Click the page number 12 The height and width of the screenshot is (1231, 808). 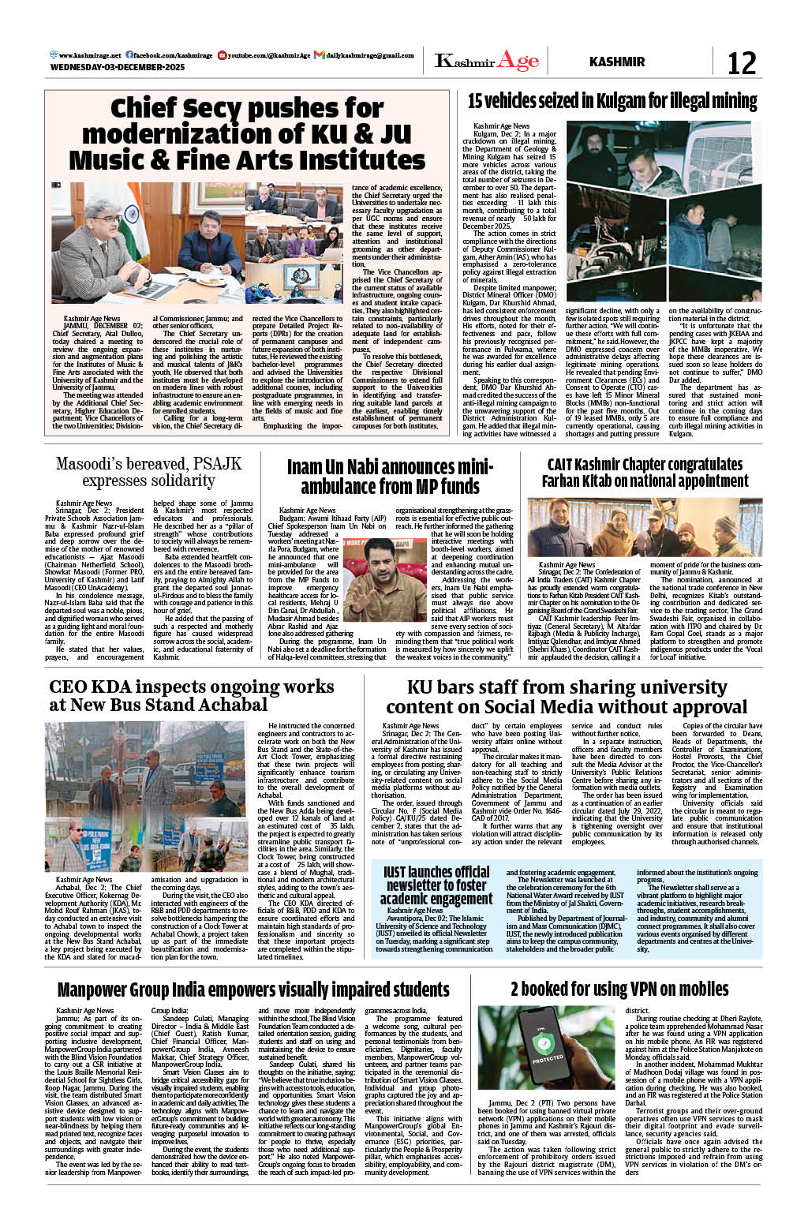[741, 62]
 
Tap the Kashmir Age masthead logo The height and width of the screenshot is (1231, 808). [486, 62]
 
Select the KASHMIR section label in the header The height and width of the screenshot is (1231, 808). [616, 62]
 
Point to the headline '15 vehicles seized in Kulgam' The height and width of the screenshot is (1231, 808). [612, 101]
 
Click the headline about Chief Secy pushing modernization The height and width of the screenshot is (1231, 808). [246, 133]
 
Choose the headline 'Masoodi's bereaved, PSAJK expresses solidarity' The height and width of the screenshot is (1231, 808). [148, 472]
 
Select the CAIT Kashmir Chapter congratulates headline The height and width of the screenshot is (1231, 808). [645, 472]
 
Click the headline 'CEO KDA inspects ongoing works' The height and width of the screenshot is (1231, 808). [192, 695]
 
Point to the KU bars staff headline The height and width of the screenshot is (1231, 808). [566, 696]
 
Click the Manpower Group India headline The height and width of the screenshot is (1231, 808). [253, 990]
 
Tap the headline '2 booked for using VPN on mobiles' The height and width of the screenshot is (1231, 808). [619, 989]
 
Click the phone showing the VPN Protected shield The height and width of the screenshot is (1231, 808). [546, 1047]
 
